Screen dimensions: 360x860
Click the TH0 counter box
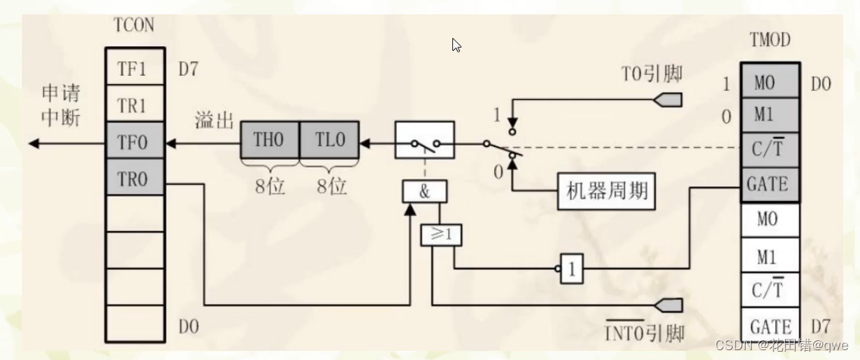tap(270, 140)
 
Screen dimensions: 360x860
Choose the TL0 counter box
tap(330, 140)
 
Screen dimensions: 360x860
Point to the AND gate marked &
tap(424, 191)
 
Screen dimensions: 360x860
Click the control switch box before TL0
tap(424, 140)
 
